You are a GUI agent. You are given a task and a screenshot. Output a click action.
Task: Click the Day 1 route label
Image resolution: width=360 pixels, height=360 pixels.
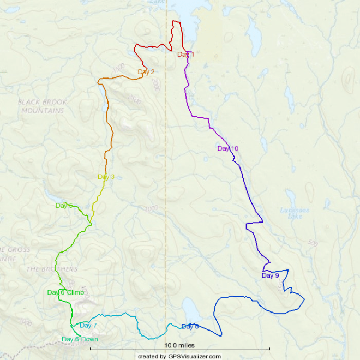[x=185, y=55]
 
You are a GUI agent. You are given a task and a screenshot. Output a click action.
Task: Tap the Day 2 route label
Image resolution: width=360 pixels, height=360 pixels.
[x=146, y=71]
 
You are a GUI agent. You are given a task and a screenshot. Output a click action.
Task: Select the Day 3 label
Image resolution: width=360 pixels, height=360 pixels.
[x=106, y=177]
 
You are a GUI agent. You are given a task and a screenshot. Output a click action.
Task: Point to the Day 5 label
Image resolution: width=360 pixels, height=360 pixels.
[x=64, y=206]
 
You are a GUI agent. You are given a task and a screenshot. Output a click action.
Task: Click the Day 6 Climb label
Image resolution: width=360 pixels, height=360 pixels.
[x=65, y=293]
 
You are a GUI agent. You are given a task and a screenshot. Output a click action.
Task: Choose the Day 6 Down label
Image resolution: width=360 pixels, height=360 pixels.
[x=80, y=339]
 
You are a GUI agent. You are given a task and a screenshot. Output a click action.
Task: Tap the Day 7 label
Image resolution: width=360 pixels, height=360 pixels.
[x=88, y=326]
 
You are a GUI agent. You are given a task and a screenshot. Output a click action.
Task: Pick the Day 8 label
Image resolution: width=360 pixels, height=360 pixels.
[x=190, y=327]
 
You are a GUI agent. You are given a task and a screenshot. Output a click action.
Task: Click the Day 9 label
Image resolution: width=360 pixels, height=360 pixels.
[x=270, y=275]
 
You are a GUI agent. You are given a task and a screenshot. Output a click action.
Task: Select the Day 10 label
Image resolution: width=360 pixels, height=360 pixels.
[x=227, y=148]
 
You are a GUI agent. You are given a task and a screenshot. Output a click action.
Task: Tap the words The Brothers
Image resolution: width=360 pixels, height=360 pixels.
[x=52, y=269]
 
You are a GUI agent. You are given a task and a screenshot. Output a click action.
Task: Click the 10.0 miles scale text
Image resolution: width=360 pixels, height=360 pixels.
[x=179, y=345]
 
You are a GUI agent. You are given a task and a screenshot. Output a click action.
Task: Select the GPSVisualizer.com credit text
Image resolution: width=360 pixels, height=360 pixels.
[x=179, y=356]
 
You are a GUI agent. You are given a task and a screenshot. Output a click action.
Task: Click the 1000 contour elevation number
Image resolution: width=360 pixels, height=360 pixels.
[x=151, y=208]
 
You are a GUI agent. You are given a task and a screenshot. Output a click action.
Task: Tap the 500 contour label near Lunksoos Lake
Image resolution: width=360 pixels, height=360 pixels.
[x=312, y=242]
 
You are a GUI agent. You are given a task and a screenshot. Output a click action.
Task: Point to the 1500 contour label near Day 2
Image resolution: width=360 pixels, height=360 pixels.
[x=117, y=67]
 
